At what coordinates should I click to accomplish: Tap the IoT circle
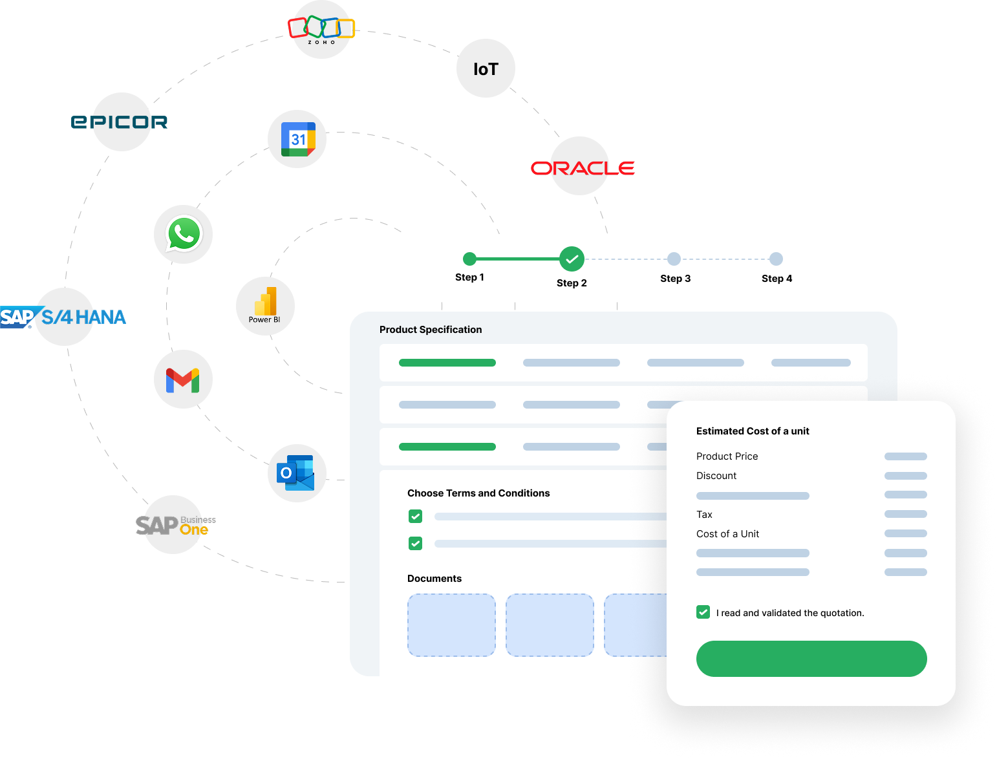click(486, 69)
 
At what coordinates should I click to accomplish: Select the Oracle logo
click(582, 167)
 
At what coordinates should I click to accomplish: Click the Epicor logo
click(120, 122)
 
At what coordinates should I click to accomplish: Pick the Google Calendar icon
click(297, 139)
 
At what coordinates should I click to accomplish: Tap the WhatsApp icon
click(184, 234)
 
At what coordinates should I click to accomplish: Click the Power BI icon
click(265, 305)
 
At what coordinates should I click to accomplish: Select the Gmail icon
click(183, 379)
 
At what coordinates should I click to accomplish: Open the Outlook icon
click(296, 473)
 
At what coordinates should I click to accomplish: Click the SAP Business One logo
click(175, 524)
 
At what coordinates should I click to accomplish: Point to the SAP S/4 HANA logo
click(63, 317)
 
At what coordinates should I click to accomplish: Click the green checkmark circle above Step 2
click(572, 259)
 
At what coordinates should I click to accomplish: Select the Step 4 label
click(777, 279)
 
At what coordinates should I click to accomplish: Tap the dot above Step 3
click(674, 259)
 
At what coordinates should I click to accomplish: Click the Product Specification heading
click(431, 330)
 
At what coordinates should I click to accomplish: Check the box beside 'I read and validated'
click(703, 612)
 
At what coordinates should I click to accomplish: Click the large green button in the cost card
click(811, 659)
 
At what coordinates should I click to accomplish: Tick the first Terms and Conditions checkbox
click(416, 517)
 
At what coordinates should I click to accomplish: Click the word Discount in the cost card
click(716, 476)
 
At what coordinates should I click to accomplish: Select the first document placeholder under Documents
click(451, 625)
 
